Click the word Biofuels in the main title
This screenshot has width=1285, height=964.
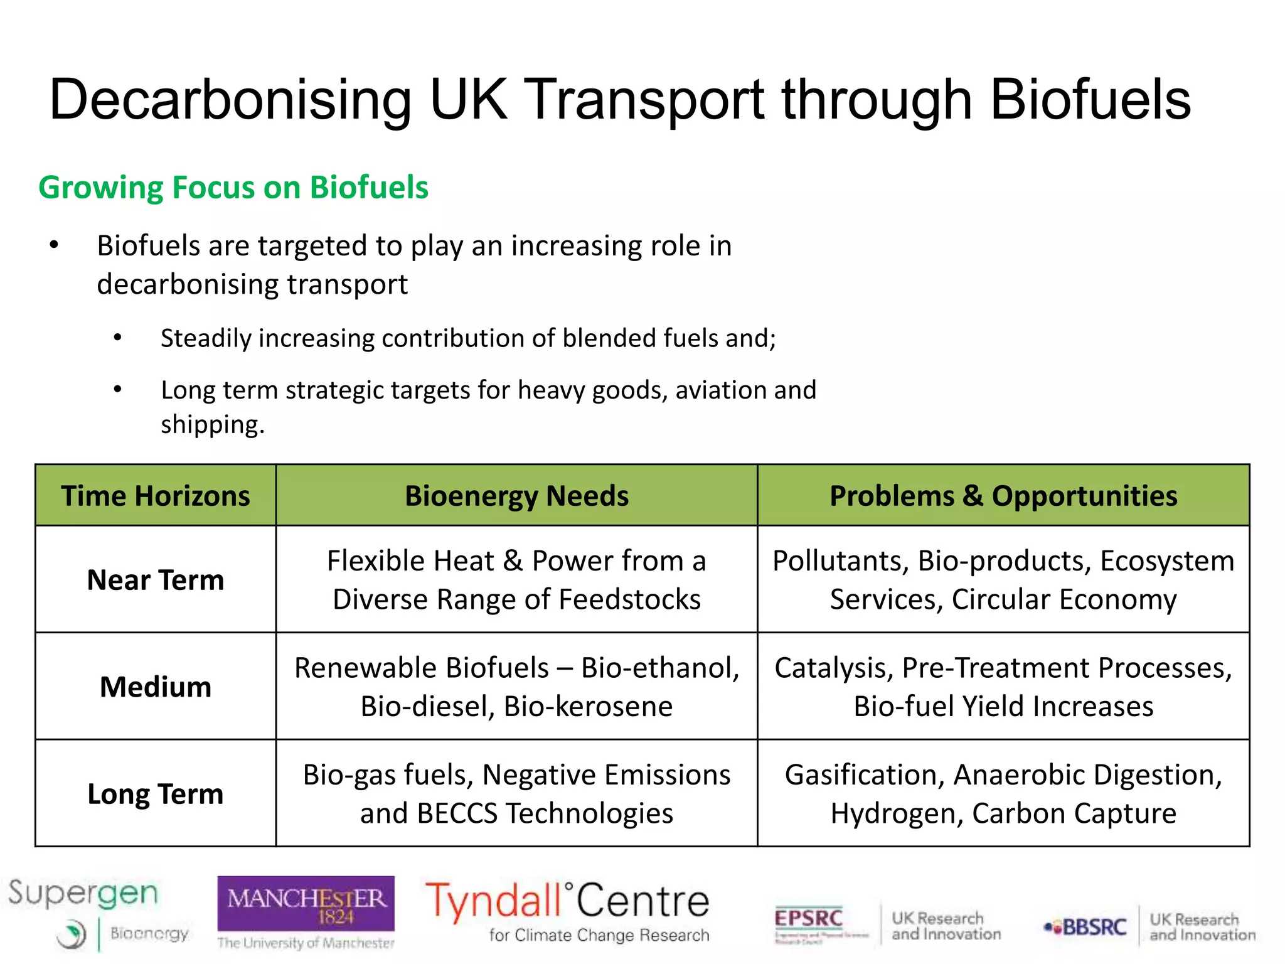tap(1090, 100)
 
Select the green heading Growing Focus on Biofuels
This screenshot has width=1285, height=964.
tap(233, 188)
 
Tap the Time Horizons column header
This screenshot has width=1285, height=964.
tap(156, 496)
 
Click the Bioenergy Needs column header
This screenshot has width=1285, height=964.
tap(516, 496)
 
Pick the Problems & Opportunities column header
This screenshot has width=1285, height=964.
tap(1003, 496)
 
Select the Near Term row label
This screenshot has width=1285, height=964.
tap(156, 580)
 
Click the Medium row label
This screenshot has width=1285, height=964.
tap(156, 687)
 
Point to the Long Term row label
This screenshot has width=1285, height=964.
tap(156, 794)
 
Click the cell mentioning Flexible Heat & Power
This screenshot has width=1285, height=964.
tap(516, 580)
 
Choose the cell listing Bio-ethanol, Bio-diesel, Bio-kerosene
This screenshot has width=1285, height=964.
tap(516, 687)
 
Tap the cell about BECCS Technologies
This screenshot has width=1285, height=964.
tap(516, 794)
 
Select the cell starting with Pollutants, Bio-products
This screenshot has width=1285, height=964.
tap(1003, 580)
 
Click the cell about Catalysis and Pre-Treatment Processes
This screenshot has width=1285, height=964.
tap(1003, 687)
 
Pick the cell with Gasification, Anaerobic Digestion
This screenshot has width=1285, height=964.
tap(1003, 794)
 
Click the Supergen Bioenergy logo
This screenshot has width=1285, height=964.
tap(94, 913)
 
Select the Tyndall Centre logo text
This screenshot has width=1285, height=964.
tap(568, 904)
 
